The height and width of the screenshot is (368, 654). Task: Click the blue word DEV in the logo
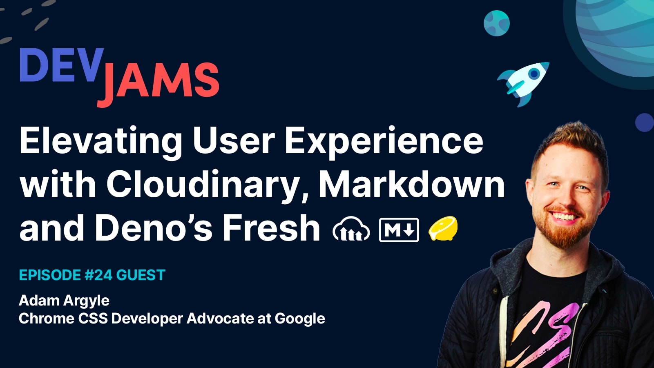click(x=61, y=65)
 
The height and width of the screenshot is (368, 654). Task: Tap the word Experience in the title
click(x=384, y=141)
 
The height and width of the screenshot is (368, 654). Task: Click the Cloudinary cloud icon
click(x=351, y=230)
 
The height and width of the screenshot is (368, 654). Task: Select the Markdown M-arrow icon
click(x=399, y=230)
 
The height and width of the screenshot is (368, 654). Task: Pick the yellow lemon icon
click(x=443, y=229)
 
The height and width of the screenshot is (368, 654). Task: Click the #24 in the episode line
click(x=98, y=275)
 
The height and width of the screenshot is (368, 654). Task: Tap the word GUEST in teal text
click(x=141, y=275)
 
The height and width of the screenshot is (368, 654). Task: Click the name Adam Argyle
click(x=64, y=301)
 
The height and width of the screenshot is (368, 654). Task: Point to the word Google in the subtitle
click(x=300, y=319)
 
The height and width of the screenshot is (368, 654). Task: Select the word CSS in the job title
click(x=93, y=319)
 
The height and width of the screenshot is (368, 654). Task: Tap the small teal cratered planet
click(x=496, y=23)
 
